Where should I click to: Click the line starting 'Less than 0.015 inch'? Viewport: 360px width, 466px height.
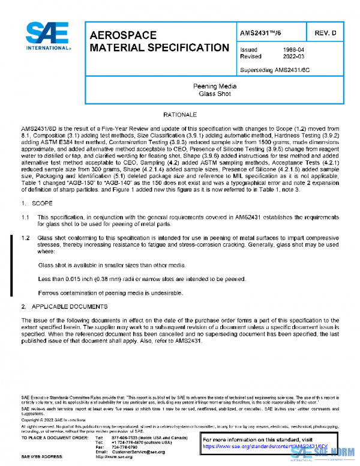coord(142,279)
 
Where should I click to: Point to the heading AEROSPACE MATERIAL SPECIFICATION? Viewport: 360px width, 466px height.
coord(158,41)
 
